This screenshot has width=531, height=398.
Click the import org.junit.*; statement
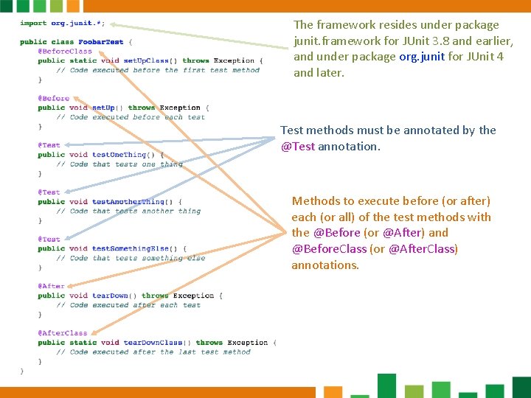(62, 24)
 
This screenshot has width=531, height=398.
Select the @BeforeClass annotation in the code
(66, 52)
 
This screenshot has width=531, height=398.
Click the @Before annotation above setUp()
(55, 99)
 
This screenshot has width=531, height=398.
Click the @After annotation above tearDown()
(52, 287)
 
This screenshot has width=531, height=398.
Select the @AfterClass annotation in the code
(63, 333)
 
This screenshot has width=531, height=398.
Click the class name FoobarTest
(102, 42)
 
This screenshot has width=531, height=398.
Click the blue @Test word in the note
(298, 147)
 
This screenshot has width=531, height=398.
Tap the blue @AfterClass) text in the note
(423, 249)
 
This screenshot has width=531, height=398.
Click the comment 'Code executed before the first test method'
(158, 71)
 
